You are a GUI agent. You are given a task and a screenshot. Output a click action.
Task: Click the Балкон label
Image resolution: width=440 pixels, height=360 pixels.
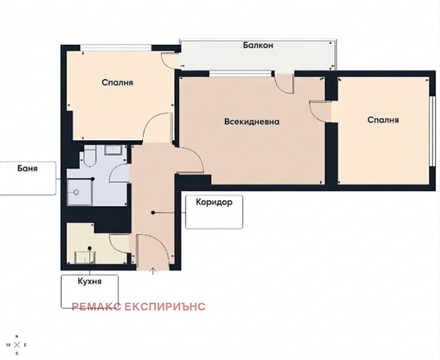point(258,46)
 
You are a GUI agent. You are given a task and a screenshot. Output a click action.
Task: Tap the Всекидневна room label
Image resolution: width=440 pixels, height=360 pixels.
point(252,122)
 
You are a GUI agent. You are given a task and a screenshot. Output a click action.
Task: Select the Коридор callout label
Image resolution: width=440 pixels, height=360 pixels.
point(214,202)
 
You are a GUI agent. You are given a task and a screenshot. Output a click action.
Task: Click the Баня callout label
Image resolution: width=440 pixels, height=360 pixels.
point(27,168)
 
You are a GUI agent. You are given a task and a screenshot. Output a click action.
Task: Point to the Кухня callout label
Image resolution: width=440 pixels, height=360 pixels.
point(90,281)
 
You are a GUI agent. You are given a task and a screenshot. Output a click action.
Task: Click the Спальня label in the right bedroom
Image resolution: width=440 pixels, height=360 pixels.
point(383,120)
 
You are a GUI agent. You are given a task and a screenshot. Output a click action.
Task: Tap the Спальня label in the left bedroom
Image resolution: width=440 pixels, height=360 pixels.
point(117,83)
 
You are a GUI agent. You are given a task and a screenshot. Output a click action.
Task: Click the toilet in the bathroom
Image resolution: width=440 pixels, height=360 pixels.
point(90,157)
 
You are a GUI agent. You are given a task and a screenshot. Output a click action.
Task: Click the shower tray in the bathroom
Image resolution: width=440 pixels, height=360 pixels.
point(79,192)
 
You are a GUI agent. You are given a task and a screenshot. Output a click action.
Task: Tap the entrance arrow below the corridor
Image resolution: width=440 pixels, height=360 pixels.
point(153,271)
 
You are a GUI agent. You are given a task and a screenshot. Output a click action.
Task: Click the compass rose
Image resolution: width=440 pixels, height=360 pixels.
point(17,345)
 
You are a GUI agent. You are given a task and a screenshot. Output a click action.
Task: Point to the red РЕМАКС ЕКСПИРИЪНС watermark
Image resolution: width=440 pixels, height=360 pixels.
point(139,307)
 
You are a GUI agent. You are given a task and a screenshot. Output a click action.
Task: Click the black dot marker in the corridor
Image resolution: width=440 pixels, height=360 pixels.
point(153,213)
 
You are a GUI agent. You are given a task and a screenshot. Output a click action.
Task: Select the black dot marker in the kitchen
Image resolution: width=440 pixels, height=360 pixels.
point(90,248)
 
